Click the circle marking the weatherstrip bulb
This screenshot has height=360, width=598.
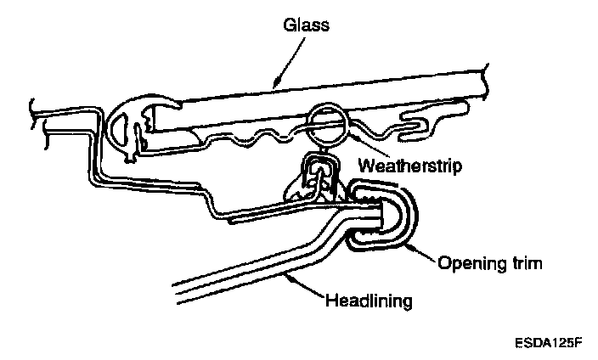[329, 125]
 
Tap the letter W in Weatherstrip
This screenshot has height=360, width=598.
[364, 165]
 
